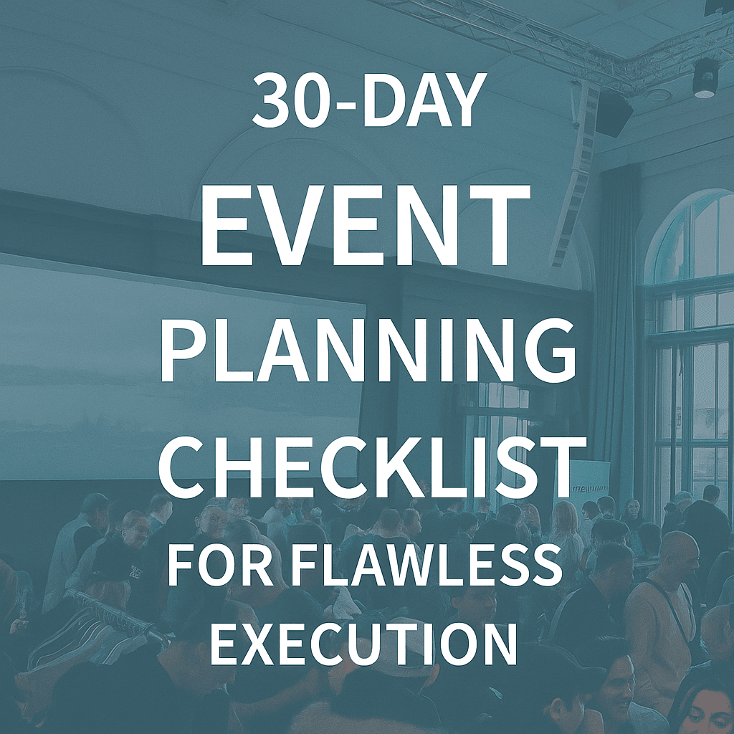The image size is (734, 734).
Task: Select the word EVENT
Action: [x=366, y=224]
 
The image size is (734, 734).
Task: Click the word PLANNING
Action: [x=368, y=350]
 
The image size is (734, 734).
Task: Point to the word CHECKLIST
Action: [x=371, y=465]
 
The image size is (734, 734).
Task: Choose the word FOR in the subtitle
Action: [x=220, y=567]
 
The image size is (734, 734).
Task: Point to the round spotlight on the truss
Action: [x=705, y=79]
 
